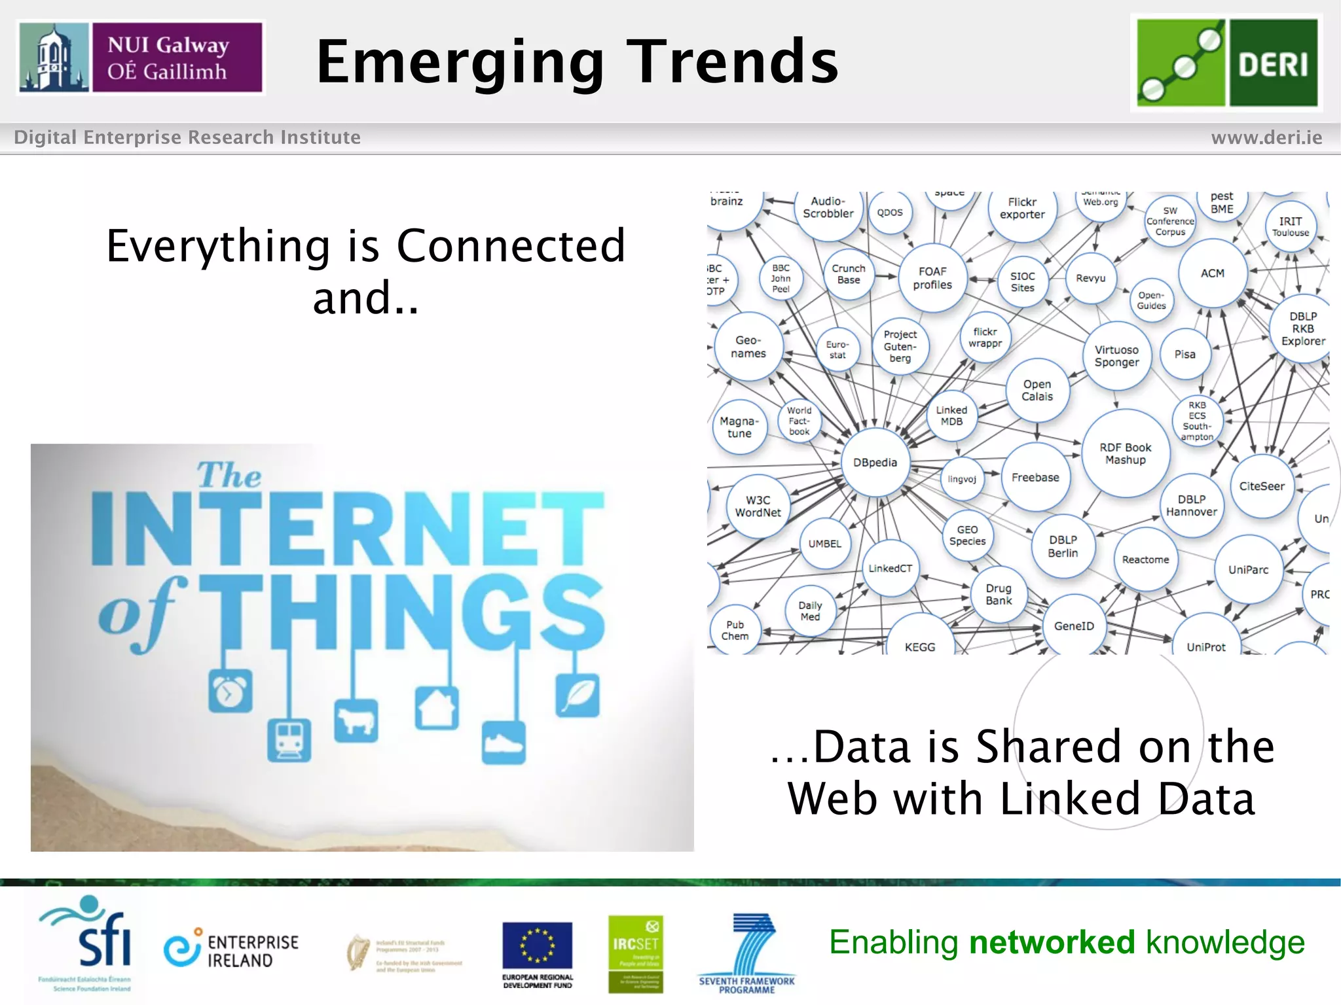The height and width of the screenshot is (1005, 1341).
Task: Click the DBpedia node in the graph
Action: pos(875,463)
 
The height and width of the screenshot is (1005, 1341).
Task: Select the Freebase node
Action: pos(1035,478)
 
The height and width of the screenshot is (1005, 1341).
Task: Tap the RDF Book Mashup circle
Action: pos(1125,453)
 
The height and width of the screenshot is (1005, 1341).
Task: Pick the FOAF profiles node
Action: pos(932,278)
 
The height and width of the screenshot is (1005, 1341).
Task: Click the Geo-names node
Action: pos(748,347)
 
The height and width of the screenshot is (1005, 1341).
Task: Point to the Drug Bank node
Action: pos(999,594)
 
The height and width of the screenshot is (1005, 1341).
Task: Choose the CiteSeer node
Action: pos(1261,486)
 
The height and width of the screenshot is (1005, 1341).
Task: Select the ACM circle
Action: pos(1212,273)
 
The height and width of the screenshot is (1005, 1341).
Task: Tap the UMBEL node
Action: pos(824,544)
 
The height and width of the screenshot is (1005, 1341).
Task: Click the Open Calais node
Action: pos(1037,391)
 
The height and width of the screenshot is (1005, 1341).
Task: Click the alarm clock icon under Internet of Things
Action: pos(230,692)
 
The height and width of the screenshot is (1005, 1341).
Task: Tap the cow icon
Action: pos(356,721)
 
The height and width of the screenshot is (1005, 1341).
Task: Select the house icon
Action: pos(437,708)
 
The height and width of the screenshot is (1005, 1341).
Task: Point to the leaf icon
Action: pos(578,695)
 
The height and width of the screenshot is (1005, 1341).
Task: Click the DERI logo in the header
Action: pos(1226,63)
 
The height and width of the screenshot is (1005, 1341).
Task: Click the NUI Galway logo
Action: pos(141,58)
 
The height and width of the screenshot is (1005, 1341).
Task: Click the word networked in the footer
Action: pos(1052,942)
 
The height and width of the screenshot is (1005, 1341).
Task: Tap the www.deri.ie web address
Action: pos(1266,137)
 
